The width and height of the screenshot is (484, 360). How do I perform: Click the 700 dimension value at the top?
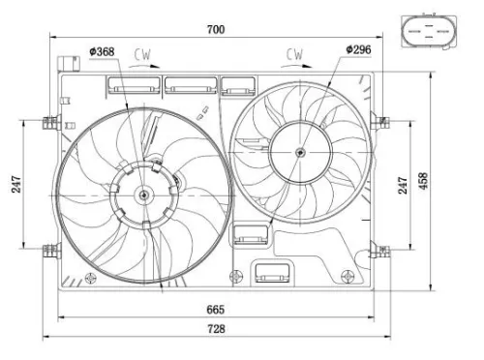215,30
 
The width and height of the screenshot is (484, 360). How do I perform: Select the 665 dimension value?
215,309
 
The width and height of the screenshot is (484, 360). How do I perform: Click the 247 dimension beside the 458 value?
404,186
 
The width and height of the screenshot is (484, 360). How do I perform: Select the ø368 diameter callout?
103,51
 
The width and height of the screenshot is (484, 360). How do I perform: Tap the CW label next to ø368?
144,54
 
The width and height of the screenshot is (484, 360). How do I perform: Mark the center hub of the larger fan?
144,195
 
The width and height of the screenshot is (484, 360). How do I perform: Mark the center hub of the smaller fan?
300,152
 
